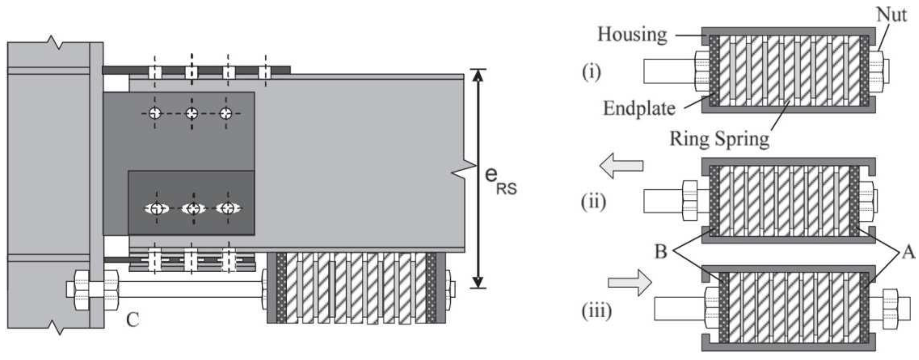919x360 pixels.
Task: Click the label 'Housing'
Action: pyautogui.click(x=632, y=35)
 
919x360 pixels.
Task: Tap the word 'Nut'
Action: pyautogui.click(x=891, y=15)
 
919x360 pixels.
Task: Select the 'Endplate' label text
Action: pyautogui.click(x=639, y=108)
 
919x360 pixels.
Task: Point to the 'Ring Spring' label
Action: pyautogui.click(x=719, y=139)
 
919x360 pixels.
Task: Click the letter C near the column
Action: pyautogui.click(x=133, y=320)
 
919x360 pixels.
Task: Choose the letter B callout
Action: pyautogui.click(x=661, y=251)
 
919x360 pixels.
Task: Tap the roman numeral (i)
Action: pyautogui.click(x=591, y=72)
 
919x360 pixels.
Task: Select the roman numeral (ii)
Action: pyautogui.click(x=593, y=202)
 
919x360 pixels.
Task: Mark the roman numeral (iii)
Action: pyautogui.click(x=596, y=311)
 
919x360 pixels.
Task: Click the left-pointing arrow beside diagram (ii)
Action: pyautogui.click(x=621, y=166)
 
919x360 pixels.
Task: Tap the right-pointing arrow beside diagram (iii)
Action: pyautogui.click(x=630, y=283)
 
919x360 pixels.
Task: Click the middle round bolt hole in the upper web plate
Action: pyautogui.click(x=192, y=113)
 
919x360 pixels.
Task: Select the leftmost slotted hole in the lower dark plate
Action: pyautogui.click(x=156, y=208)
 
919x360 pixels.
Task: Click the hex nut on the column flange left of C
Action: pyautogui.click(x=82, y=290)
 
